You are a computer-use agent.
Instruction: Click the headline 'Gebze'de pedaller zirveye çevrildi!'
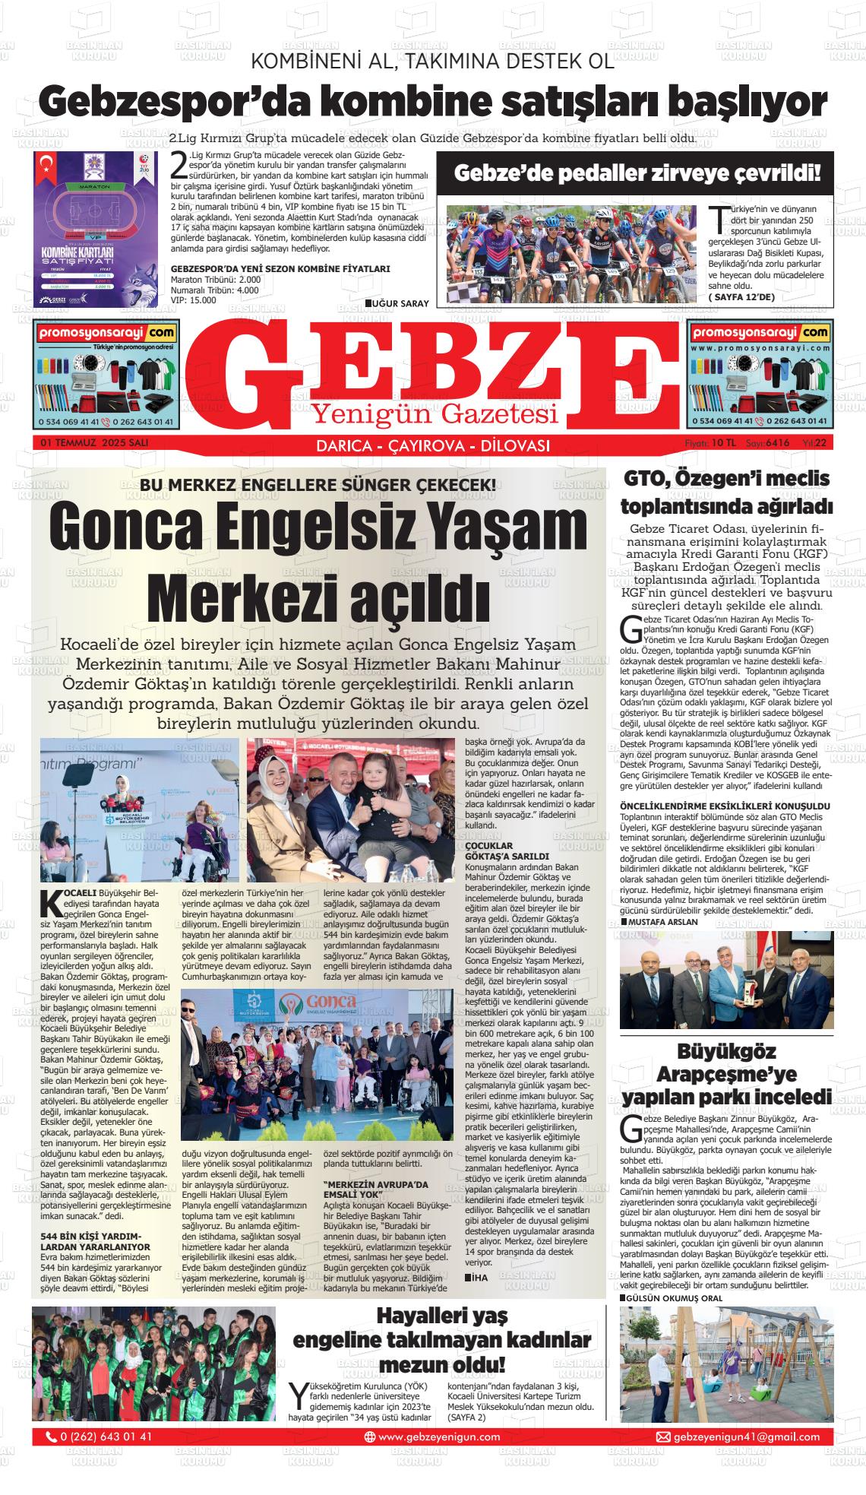[x=637, y=174]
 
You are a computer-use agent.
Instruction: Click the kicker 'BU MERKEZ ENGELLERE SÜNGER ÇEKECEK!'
[x=318, y=485]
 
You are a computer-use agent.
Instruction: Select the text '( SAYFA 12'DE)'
[x=741, y=296]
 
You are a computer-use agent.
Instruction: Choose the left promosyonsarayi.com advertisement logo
[x=106, y=333]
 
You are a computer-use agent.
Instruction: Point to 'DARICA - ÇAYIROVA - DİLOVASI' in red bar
[x=432, y=445]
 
